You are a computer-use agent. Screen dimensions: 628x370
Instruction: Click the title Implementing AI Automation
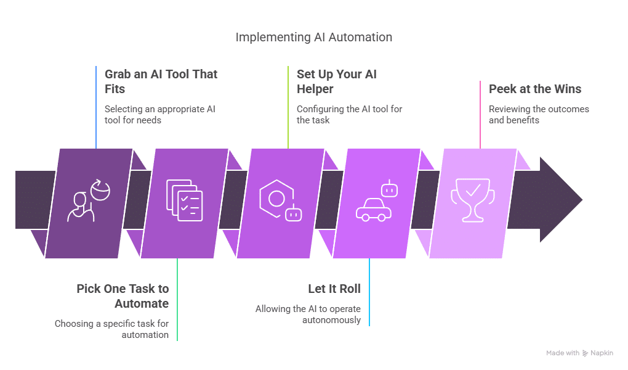pyautogui.click(x=313, y=38)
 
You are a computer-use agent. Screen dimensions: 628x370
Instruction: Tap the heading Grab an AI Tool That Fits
pyautogui.click(x=161, y=81)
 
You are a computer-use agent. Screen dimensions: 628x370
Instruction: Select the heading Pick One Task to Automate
pyautogui.click(x=123, y=296)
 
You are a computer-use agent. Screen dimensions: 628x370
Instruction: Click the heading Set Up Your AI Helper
pyautogui.click(x=336, y=81)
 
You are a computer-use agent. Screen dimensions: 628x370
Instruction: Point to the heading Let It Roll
pyautogui.click(x=334, y=289)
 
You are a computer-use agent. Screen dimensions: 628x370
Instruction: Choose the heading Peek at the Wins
pyautogui.click(x=535, y=89)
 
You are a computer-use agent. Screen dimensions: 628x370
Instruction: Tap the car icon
pyautogui.click(x=374, y=210)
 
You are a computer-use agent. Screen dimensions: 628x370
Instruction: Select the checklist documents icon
pyautogui.click(x=185, y=200)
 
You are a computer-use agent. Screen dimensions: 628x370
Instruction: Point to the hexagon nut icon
pyautogui.click(x=276, y=199)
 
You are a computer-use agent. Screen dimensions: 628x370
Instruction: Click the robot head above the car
pyautogui.click(x=389, y=189)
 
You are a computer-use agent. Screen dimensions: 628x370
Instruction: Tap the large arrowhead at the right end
pyautogui.click(x=561, y=199)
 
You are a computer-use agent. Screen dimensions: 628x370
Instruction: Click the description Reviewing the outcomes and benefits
pyautogui.click(x=539, y=115)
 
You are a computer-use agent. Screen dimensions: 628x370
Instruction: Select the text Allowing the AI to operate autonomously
pyautogui.click(x=308, y=314)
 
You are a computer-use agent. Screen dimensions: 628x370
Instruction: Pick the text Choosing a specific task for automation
pyautogui.click(x=111, y=329)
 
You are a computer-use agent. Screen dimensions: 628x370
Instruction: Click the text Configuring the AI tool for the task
pyautogui.click(x=349, y=115)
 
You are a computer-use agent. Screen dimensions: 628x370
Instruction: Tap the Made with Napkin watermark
pyautogui.click(x=579, y=353)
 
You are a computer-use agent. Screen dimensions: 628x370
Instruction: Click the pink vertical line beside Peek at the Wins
pyautogui.click(x=480, y=115)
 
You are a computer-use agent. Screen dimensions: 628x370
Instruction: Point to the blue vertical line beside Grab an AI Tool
pyautogui.click(x=96, y=107)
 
